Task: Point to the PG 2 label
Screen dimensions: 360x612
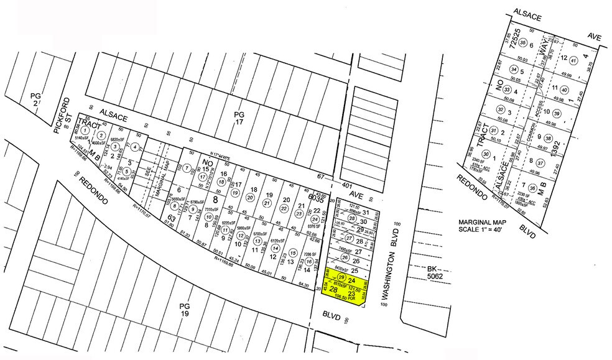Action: coord(35,100)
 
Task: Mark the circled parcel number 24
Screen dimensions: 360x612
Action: coord(315,219)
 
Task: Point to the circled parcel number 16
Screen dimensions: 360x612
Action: coord(308,262)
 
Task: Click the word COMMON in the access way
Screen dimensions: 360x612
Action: coord(531,132)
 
